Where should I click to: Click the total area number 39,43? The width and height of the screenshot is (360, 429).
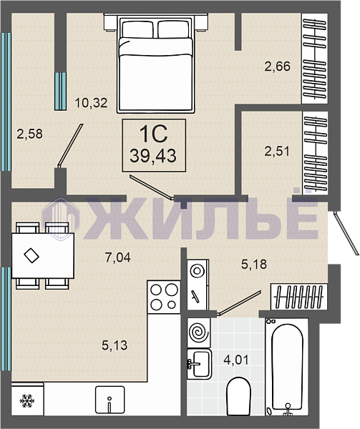pos(153,156)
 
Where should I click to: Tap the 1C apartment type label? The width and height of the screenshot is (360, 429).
pos(153,134)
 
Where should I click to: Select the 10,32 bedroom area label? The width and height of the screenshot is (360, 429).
pos(91,103)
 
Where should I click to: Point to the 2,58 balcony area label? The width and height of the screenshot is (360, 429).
pos(29,134)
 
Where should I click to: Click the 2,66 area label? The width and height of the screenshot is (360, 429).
pos(277,66)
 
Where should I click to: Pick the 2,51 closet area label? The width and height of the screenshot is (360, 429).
pos(277,151)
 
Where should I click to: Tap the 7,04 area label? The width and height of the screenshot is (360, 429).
pos(118,257)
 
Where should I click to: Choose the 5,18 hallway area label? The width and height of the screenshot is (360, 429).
pos(254,265)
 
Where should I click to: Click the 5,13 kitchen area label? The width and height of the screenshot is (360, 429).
pos(115,345)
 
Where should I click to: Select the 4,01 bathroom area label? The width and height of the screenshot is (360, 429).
pos(236,360)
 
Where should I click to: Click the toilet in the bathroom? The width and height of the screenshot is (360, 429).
pos(239,396)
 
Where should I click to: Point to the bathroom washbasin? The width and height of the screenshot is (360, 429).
pos(200,364)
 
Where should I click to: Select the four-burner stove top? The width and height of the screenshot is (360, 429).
pos(164,297)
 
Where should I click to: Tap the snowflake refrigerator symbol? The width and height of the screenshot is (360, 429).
pos(27,401)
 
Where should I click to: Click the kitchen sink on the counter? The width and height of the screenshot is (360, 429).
pos(110,400)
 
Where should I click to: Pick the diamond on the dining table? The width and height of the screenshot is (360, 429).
pos(31,255)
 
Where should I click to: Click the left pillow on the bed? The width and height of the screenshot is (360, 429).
pos(137,29)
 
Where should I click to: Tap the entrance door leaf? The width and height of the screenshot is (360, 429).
pos(346,233)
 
